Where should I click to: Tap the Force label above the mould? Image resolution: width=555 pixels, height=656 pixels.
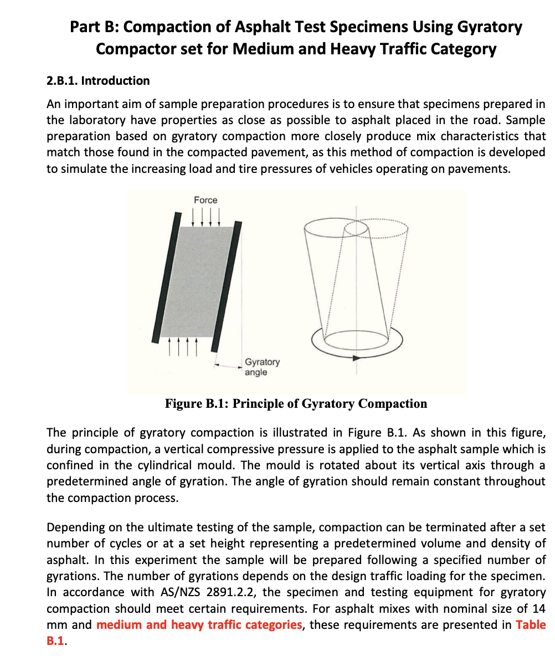(x=205, y=200)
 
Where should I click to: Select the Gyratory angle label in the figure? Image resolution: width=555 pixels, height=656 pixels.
(x=262, y=367)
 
